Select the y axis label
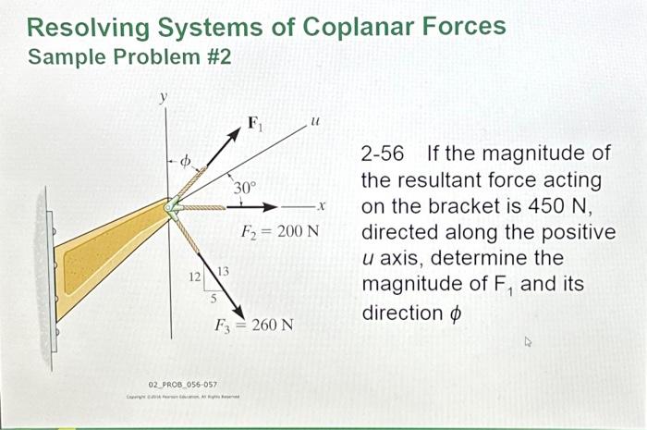coord(165,96)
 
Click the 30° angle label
coord(244,188)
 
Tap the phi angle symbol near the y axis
coord(185,163)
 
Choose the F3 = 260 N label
coord(254,326)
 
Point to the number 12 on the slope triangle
coord(194,276)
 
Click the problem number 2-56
coord(382,154)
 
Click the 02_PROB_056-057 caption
coord(183,383)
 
